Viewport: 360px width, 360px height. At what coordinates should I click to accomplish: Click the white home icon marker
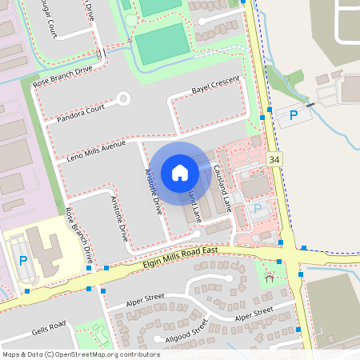point(180,172)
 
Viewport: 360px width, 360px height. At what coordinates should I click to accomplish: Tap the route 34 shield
point(275,160)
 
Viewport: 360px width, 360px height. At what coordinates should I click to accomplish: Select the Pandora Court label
point(81,113)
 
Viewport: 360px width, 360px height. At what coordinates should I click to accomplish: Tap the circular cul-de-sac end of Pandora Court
point(123,99)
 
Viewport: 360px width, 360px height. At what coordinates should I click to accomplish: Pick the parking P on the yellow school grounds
point(22,261)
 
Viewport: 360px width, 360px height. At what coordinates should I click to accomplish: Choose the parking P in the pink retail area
point(257,209)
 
